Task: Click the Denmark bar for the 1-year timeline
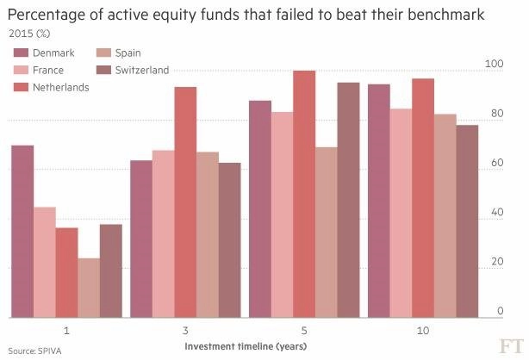click(22, 232)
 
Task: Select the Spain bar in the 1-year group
click(89, 288)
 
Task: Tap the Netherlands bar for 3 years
click(185, 202)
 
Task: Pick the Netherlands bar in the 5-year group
click(304, 194)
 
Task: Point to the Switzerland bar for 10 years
click(467, 221)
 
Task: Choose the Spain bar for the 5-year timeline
click(327, 233)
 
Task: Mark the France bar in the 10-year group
click(401, 214)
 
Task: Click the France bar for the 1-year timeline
click(45, 262)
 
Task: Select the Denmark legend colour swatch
click(21, 53)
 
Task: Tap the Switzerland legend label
click(142, 70)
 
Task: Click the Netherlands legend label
click(60, 87)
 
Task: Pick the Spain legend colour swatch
click(103, 53)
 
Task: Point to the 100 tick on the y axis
click(494, 64)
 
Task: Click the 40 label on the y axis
click(497, 212)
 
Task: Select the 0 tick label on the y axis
click(501, 311)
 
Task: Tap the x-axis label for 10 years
click(423, 331)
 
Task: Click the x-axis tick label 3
click(185, 331)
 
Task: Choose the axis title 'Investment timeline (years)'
click(246, 346)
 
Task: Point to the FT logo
click(511, 346)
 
